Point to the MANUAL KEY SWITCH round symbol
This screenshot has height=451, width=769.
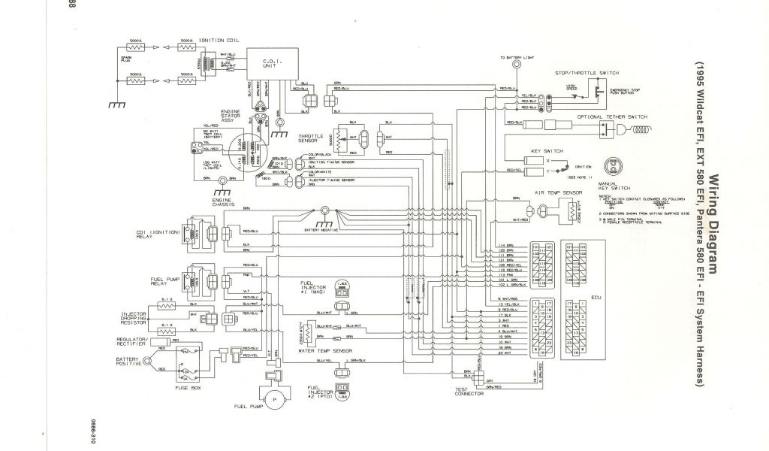click(x=617, y=168)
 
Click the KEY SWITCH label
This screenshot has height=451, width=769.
click(x=547, y=151)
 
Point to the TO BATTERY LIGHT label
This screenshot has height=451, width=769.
click(x=517, y=58)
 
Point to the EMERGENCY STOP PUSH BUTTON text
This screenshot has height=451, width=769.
click(x=620, y=94)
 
